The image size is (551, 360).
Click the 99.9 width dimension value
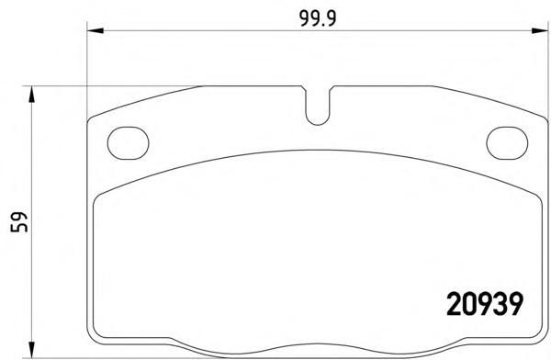click(318, 18)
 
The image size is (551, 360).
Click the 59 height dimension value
click(19, 222)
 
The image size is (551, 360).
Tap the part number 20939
click(485, 304)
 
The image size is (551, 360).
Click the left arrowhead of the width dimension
click(96, 31)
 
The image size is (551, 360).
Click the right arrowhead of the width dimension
click(540, 31)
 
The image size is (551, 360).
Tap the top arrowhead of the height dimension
click(32, 95)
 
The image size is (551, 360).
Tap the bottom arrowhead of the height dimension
click(32, 350)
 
